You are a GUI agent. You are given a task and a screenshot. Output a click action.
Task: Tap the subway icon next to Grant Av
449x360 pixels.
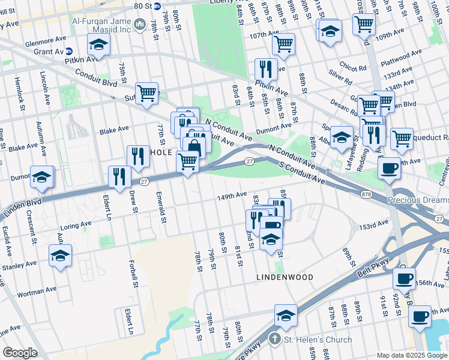tap(69, 52)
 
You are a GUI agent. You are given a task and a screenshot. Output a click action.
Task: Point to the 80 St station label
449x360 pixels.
tap(142, 6)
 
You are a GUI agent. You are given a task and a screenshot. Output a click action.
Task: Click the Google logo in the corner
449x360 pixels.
tap(20, 353)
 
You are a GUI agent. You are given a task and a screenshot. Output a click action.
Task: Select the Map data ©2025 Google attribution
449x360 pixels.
tap(412, 355)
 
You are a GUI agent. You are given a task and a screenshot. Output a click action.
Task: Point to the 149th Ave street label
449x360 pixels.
tap(232, 195)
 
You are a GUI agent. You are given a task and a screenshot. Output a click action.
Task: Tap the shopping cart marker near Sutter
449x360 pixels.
tap(146, 94)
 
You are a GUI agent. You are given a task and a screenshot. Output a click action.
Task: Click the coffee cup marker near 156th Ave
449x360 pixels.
tap(404, 278)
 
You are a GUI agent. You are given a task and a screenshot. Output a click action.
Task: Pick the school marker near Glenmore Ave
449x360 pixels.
tap(98, 44)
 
